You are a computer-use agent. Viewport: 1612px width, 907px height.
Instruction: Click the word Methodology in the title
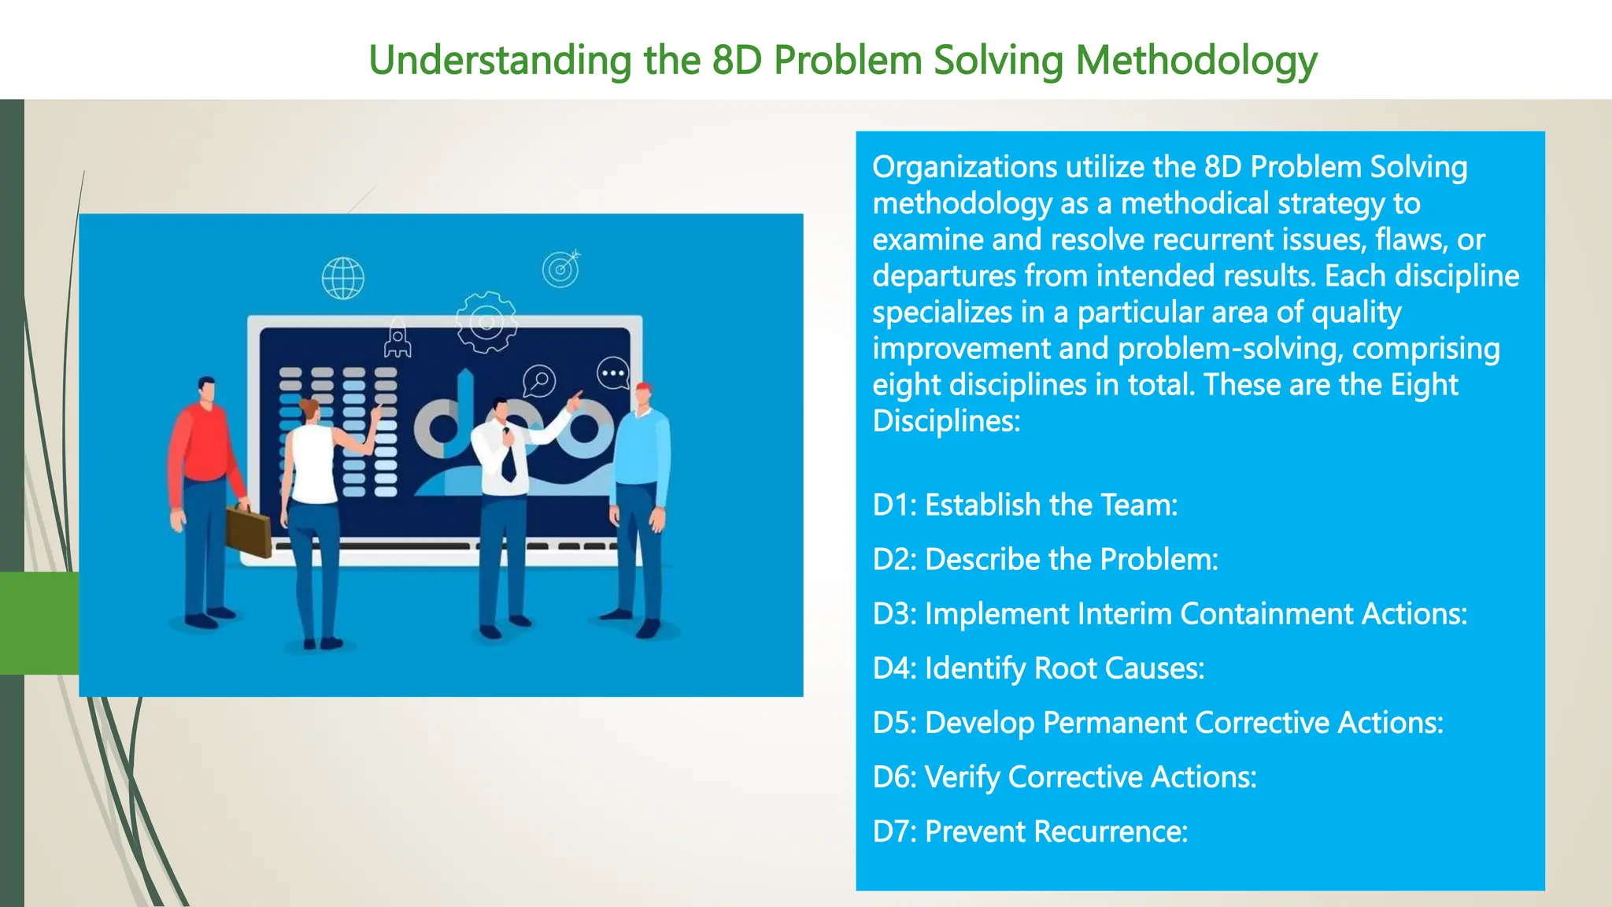[1196, 61]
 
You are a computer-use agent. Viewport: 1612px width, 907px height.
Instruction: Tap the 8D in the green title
[737, 61]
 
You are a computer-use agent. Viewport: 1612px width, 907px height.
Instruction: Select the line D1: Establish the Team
[1025, 505]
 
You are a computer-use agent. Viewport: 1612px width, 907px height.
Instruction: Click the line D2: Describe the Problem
[1045, 559]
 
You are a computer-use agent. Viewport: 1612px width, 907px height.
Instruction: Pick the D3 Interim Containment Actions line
[1170, 613]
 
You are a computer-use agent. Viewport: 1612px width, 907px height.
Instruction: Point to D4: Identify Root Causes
[1038, 668]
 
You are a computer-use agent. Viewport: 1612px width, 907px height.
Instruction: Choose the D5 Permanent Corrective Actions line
[1158, 722]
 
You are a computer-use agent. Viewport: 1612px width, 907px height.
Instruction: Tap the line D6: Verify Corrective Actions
[1064, 776]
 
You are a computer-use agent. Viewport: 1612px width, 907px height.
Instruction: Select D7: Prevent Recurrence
[1030, 831]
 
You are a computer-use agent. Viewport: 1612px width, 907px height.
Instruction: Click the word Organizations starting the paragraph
[964, 167]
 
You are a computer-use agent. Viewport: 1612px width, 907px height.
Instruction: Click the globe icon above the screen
[343, 278]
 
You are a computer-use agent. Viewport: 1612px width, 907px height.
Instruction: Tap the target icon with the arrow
[561, 269]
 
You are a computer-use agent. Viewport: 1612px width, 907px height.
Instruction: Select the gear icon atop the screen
[486, 322]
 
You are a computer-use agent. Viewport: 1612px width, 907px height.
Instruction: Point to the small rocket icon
[397, 339]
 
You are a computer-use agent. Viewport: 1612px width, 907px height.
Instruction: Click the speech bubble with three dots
[613, 373]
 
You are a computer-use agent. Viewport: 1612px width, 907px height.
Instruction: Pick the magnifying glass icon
[540, 381]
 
